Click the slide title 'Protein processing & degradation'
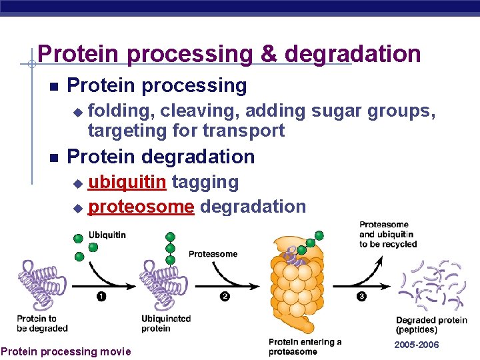coord(229,53)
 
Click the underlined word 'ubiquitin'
coord(129,181)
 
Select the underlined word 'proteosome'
coord(141,207)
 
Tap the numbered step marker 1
coord(101,297)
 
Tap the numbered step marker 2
coord(225,297)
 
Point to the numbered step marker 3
coord(361,297)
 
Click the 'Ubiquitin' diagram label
coord(107,235)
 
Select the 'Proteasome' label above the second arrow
coord(213,254)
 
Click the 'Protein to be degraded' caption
coord(42,323)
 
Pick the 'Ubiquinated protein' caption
coord(166,323)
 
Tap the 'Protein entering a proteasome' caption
coord(305,347)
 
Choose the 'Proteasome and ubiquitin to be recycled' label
coord(388,235)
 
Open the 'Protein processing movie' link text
coord(66,351)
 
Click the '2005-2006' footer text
coord(417,345)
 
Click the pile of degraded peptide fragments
coord(431,287)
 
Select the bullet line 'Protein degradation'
coord(161,157)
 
